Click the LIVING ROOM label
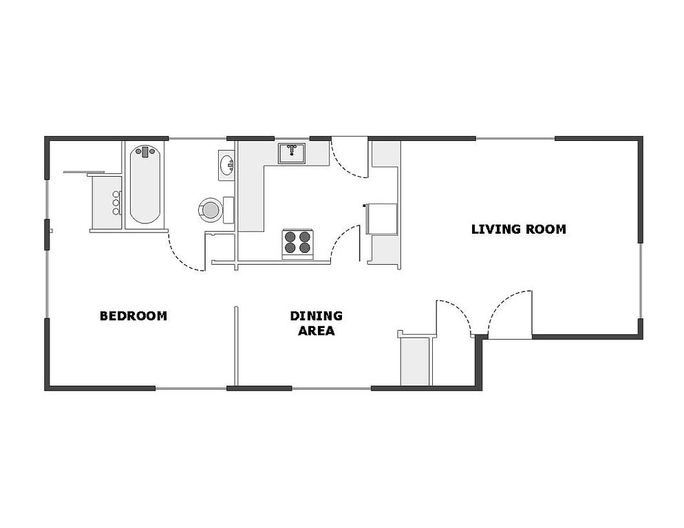pos(519,230)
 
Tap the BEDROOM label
pos(133,316)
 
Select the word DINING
pos(317,316)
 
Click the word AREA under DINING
pos(317,331)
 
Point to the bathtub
pos(145,184)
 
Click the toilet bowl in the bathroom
pos(211,210)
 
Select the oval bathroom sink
pos(227,165)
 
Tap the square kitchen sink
pos(292,153)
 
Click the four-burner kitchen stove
pos(297,243)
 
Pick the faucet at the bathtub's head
pos(145,152)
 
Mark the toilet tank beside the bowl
pos(228,210)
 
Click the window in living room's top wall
pos(515,139)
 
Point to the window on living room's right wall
pos(641,280)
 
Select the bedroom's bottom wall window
pos(191,388)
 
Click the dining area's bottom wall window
pos(331,388)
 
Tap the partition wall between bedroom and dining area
pos(236,346)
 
